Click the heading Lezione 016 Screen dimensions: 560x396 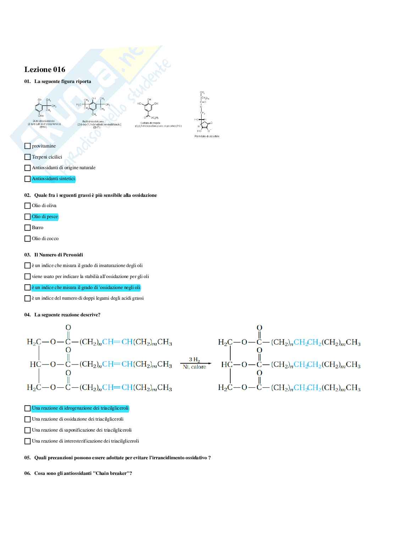(x=45, y=70)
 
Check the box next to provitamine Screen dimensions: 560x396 (x=27, y=146)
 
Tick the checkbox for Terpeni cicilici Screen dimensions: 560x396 (x=27, y=157)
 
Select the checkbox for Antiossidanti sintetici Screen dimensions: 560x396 (x=27, y=179)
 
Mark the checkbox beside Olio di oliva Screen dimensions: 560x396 (x=27, y=206)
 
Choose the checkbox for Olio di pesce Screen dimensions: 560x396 (x=27, y=217)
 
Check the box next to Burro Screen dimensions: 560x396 (x=27, y=228)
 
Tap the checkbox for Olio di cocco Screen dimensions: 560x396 (x=27, y=239)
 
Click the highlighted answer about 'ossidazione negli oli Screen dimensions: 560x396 (x=86, y=288)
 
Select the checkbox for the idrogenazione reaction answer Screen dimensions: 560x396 (x=27, y=409)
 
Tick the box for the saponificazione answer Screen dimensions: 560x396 (x=27, y=431)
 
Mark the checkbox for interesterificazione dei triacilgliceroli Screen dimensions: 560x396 (x=27, y=442)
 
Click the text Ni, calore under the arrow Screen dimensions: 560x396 (x=194, y=367)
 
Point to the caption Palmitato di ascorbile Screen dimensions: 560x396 (x=207, y=137)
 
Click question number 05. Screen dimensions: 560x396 (x=27, y=458)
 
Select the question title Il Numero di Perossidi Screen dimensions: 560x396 (x=59, y=255)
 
